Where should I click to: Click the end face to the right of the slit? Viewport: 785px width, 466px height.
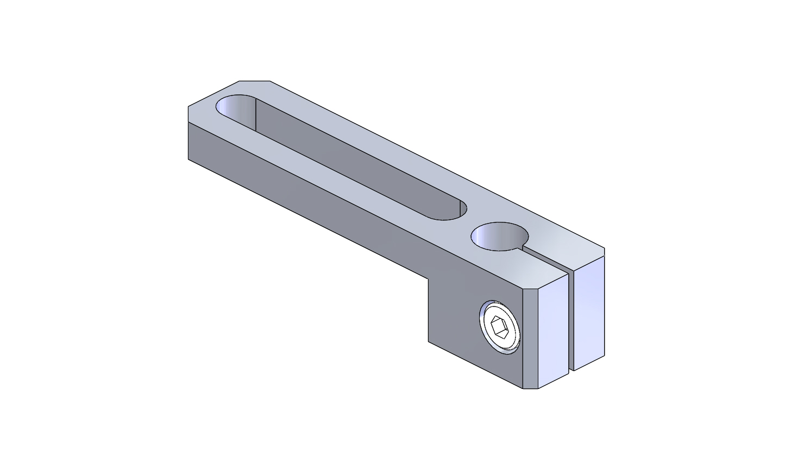pos(589,312)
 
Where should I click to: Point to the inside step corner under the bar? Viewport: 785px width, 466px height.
pos(429,279)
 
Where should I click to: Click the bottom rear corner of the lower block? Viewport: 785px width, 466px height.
pos(429,342)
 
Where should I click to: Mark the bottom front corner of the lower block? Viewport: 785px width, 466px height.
pos(523,388)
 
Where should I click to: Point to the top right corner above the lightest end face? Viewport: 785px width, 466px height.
pos(604,248)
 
